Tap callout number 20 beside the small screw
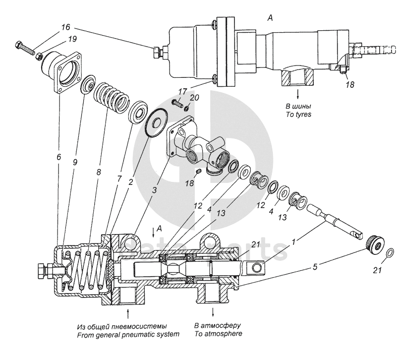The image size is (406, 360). click(194, 98)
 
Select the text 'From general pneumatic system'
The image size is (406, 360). click(128, 335)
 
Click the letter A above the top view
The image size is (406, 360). click(270, 18)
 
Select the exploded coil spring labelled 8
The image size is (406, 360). click(113, 97)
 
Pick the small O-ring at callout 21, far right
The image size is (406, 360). click(390, 252)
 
